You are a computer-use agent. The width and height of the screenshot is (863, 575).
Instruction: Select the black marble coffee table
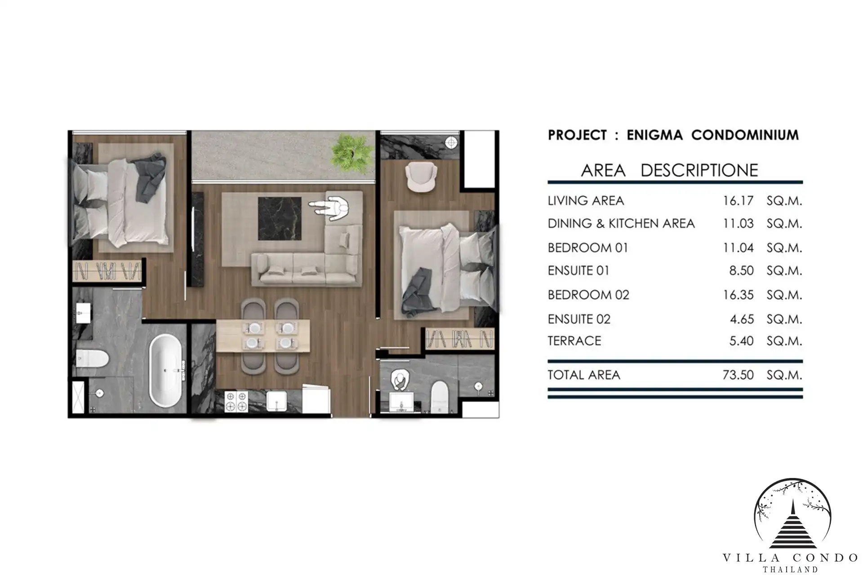[x=280, y=219]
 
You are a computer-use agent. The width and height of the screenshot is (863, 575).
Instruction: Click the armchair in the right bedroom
[x=421, y=178]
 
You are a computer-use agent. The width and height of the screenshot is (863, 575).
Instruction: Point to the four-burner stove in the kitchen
[x=236, y=401]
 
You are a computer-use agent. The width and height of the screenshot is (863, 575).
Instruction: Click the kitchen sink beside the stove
[x=277, y=401]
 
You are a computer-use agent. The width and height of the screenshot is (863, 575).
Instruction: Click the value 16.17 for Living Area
[x=738, y=200]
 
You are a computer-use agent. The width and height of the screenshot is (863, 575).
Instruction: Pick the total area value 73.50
[x=738, y=375]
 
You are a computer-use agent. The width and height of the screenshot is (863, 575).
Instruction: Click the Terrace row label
[x=574, y=341]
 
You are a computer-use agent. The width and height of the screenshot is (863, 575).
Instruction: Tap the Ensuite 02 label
[x=579, y=319]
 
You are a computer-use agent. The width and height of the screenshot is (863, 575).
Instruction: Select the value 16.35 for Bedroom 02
[x=738, y=295]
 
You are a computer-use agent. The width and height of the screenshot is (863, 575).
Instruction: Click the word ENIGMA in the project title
[x=654, y=135]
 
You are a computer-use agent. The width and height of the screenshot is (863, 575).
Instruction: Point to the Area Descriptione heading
[x=670, y=170]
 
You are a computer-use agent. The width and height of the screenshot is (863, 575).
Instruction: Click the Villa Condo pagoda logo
[x=793, y=515]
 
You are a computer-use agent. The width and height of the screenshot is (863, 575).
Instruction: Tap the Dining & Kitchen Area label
[x=621, y=223]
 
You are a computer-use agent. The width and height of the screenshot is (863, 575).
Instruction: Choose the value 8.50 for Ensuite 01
[x=741, y=270]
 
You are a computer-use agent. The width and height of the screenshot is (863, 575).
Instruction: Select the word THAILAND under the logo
[x=790, y=570]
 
